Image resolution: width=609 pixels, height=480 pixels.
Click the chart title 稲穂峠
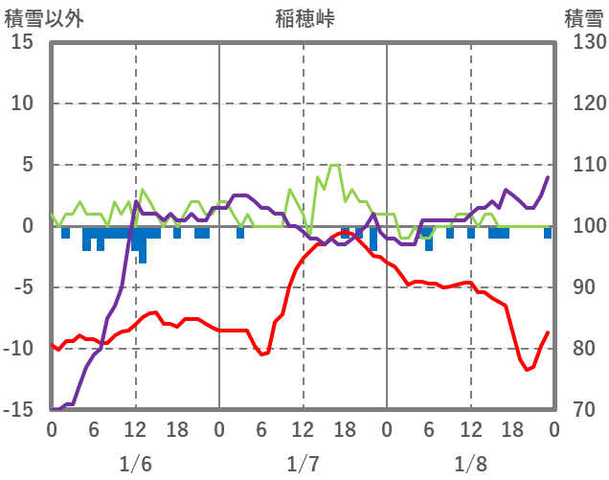point(304,17)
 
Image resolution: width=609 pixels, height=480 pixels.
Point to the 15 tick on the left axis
point(23,42)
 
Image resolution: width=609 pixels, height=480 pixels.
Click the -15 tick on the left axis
point(19,410)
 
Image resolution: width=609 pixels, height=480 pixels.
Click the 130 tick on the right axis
point(583,42)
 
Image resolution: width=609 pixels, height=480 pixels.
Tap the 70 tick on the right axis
point(578,410)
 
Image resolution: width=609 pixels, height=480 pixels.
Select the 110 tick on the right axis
point(583,165)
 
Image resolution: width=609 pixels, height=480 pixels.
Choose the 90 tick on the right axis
point(578,287)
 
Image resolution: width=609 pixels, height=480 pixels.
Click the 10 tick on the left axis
point(23,103)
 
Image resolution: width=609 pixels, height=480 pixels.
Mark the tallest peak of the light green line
point(334,166)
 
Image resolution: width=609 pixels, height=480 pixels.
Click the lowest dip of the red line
point(527,370)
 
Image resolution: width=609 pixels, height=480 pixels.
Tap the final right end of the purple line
point(548,177)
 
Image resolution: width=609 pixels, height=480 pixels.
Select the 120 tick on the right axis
point(583,103)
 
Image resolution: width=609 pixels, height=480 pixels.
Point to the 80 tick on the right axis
point(578,349)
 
